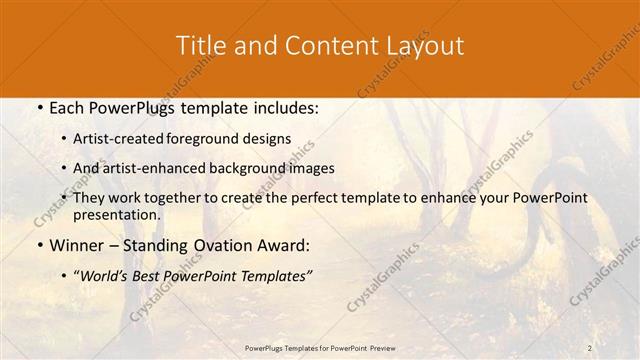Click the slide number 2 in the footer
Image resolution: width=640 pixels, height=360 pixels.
point(590,347)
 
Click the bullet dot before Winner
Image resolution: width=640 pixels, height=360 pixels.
point(38,245)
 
